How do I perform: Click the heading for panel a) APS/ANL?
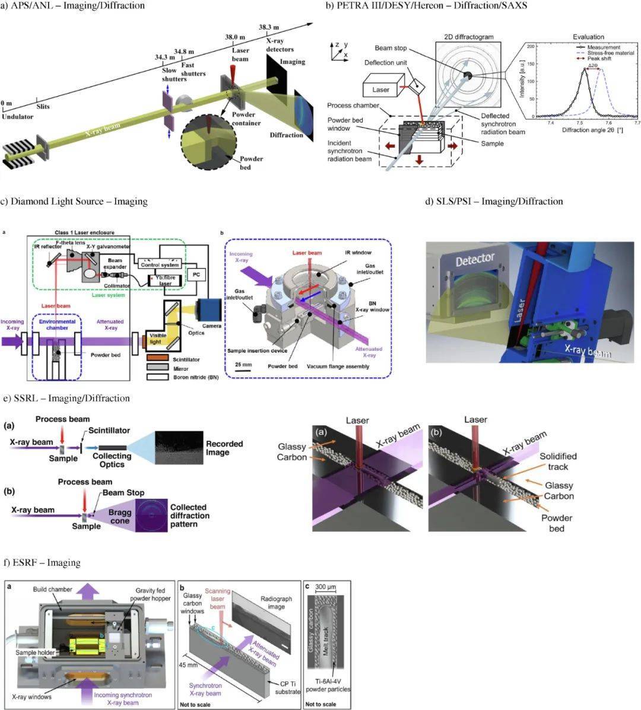coord(74,6)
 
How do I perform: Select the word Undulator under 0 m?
coord(17,117)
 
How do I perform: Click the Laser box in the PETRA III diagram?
coord(380,89)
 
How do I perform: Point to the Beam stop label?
coord(391,47)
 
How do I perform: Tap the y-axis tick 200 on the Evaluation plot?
coord(531,45)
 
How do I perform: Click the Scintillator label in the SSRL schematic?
coord(106,430)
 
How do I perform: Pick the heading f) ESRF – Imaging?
coord(42,562)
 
